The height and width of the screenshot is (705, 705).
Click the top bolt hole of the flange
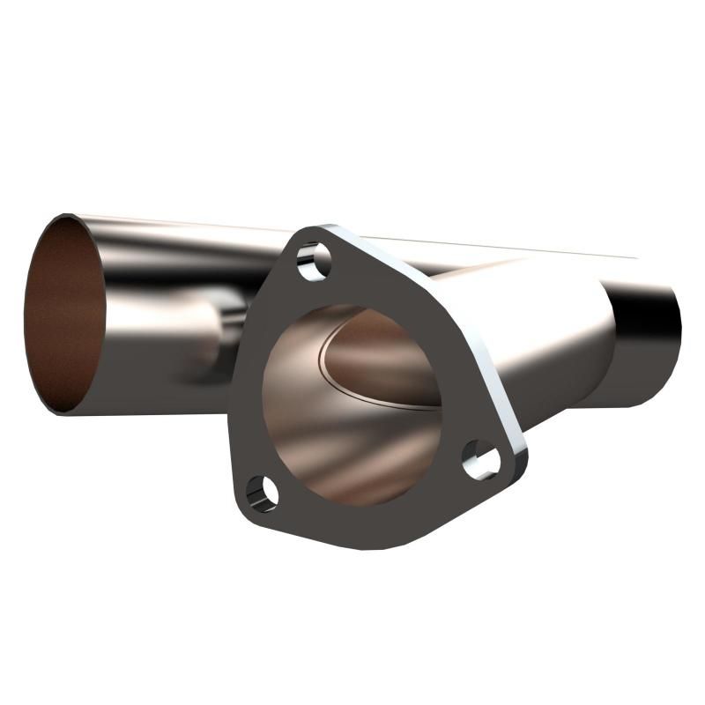coord(314,262)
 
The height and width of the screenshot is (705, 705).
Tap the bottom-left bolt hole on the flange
coord(262,491)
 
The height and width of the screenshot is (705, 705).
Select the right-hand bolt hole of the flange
coord(481,459)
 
